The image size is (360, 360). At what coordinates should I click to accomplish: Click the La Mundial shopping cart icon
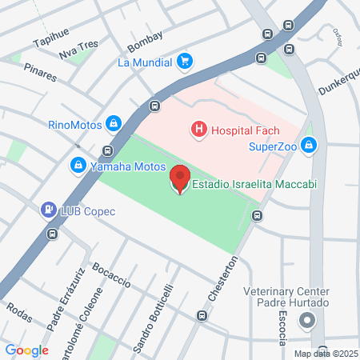pyautogui.click(x=185, y=61)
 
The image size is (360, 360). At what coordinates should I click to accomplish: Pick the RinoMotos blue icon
pyautogui.click(x=114, y=124)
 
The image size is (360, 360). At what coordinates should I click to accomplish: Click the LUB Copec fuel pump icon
pyautogui.click(x=48, y=210)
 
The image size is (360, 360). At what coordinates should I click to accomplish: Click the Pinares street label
pyautogui.click(x=40, y=73)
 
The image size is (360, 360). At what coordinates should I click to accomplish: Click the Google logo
pyautogui.click(x=26, y=350)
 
